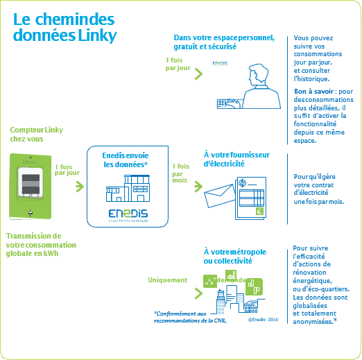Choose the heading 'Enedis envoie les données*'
pyautogui.click(x=126, y=160)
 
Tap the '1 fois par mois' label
pyautogui.click(x=181, y=172)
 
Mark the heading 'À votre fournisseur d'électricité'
pyautogui.click(x=236, y=160)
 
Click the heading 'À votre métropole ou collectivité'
pyautogui.click(x=234, y=255)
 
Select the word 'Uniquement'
pyautogui.click(x=167, y=280)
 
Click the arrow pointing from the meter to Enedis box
pyautogui.click(x=78, y=187)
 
